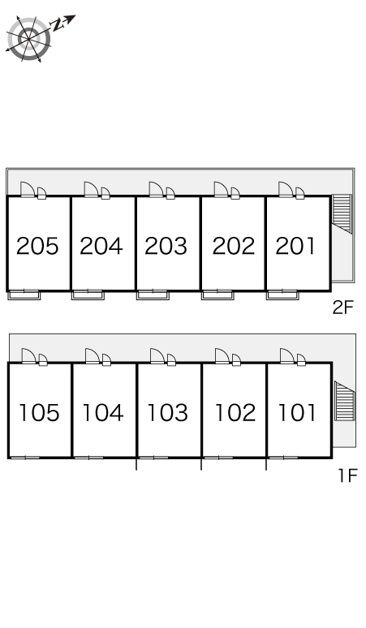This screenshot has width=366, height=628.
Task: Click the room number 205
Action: (37, 246)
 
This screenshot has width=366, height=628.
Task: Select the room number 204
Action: (101, 246)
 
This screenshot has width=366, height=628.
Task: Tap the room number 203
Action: (166, 246)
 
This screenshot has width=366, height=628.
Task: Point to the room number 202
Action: (234, 246)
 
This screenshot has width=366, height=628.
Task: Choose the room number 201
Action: (296, 246)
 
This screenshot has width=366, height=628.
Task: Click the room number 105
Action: (39, 413)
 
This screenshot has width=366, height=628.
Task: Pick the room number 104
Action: (102, 413)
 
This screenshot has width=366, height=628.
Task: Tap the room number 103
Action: (167, 413)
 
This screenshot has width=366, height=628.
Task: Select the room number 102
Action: (235, 413)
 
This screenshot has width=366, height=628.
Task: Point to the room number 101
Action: (297, 413)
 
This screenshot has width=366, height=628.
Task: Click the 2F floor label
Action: (343, 308)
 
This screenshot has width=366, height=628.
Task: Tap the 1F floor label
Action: (347, 475)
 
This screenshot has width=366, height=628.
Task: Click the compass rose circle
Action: (29, 39)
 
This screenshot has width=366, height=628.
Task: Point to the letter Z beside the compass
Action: (58, 25)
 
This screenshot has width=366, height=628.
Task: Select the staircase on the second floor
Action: (342, 213)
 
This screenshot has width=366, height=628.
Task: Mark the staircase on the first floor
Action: (344, 401)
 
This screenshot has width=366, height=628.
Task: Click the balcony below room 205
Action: (24, 295)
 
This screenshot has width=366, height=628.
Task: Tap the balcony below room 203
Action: (153, 295)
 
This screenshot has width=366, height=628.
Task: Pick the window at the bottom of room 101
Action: (283, 458)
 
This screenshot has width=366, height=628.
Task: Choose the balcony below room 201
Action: (282, 295)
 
